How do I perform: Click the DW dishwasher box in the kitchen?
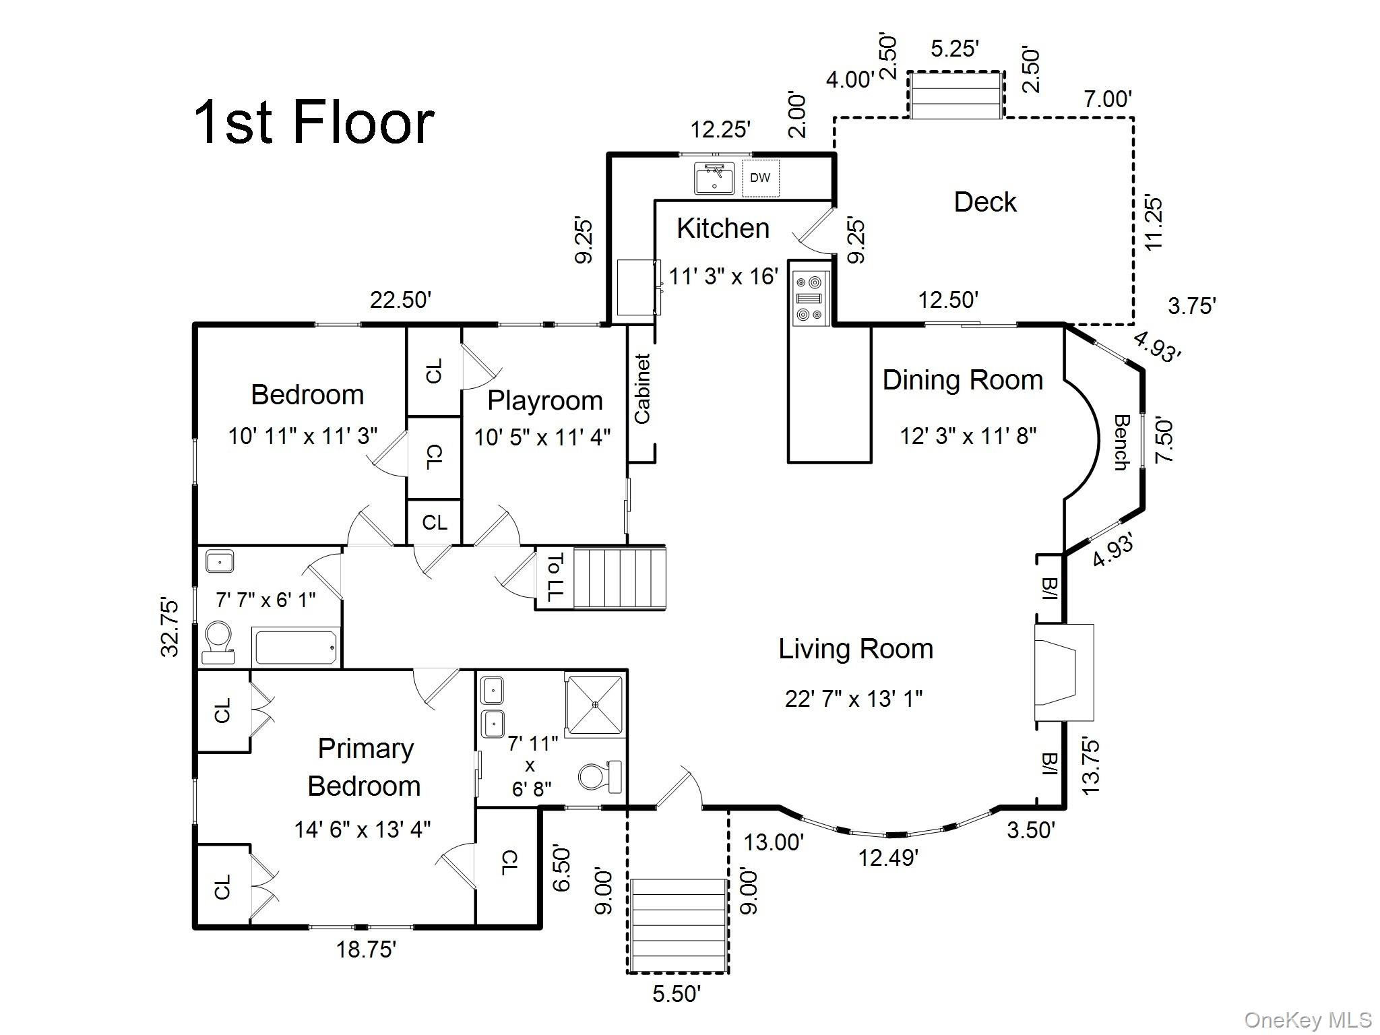[761, 178]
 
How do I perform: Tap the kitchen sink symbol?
[714, 178]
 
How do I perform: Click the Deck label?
[985, 202]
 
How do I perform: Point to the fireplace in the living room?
[1064, 672]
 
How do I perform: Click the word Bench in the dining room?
[1121, 442]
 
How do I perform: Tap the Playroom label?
[544, 401]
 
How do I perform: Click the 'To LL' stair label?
[555, 577]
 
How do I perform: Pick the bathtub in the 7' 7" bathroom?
[296, 647]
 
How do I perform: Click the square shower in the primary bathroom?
[594, 704]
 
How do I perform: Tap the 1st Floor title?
[314, 122]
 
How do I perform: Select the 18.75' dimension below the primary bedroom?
[366, 949]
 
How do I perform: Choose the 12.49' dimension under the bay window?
[888, 858]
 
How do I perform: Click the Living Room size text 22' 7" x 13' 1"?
[853, 699]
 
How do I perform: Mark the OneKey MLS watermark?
[1307, 1020]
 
